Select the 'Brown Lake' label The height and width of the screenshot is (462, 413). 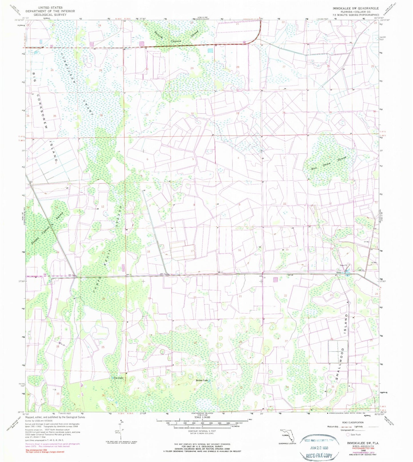click(202, 380)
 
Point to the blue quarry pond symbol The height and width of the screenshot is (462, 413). click(347, 274)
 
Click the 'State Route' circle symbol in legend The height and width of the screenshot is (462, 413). click(348, 435)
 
